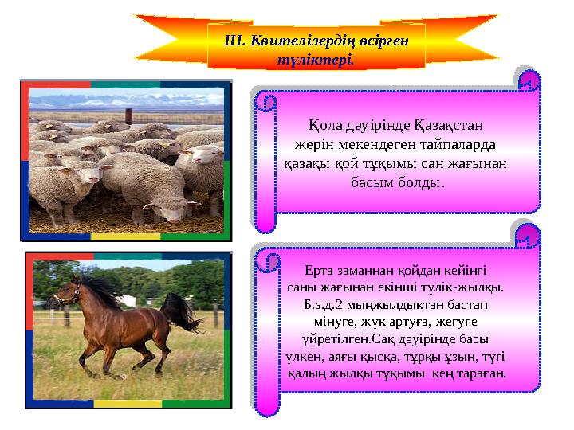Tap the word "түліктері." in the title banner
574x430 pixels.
[315, 60]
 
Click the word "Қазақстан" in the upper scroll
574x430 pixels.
[448, 127]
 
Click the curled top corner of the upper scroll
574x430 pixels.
[527, 81]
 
